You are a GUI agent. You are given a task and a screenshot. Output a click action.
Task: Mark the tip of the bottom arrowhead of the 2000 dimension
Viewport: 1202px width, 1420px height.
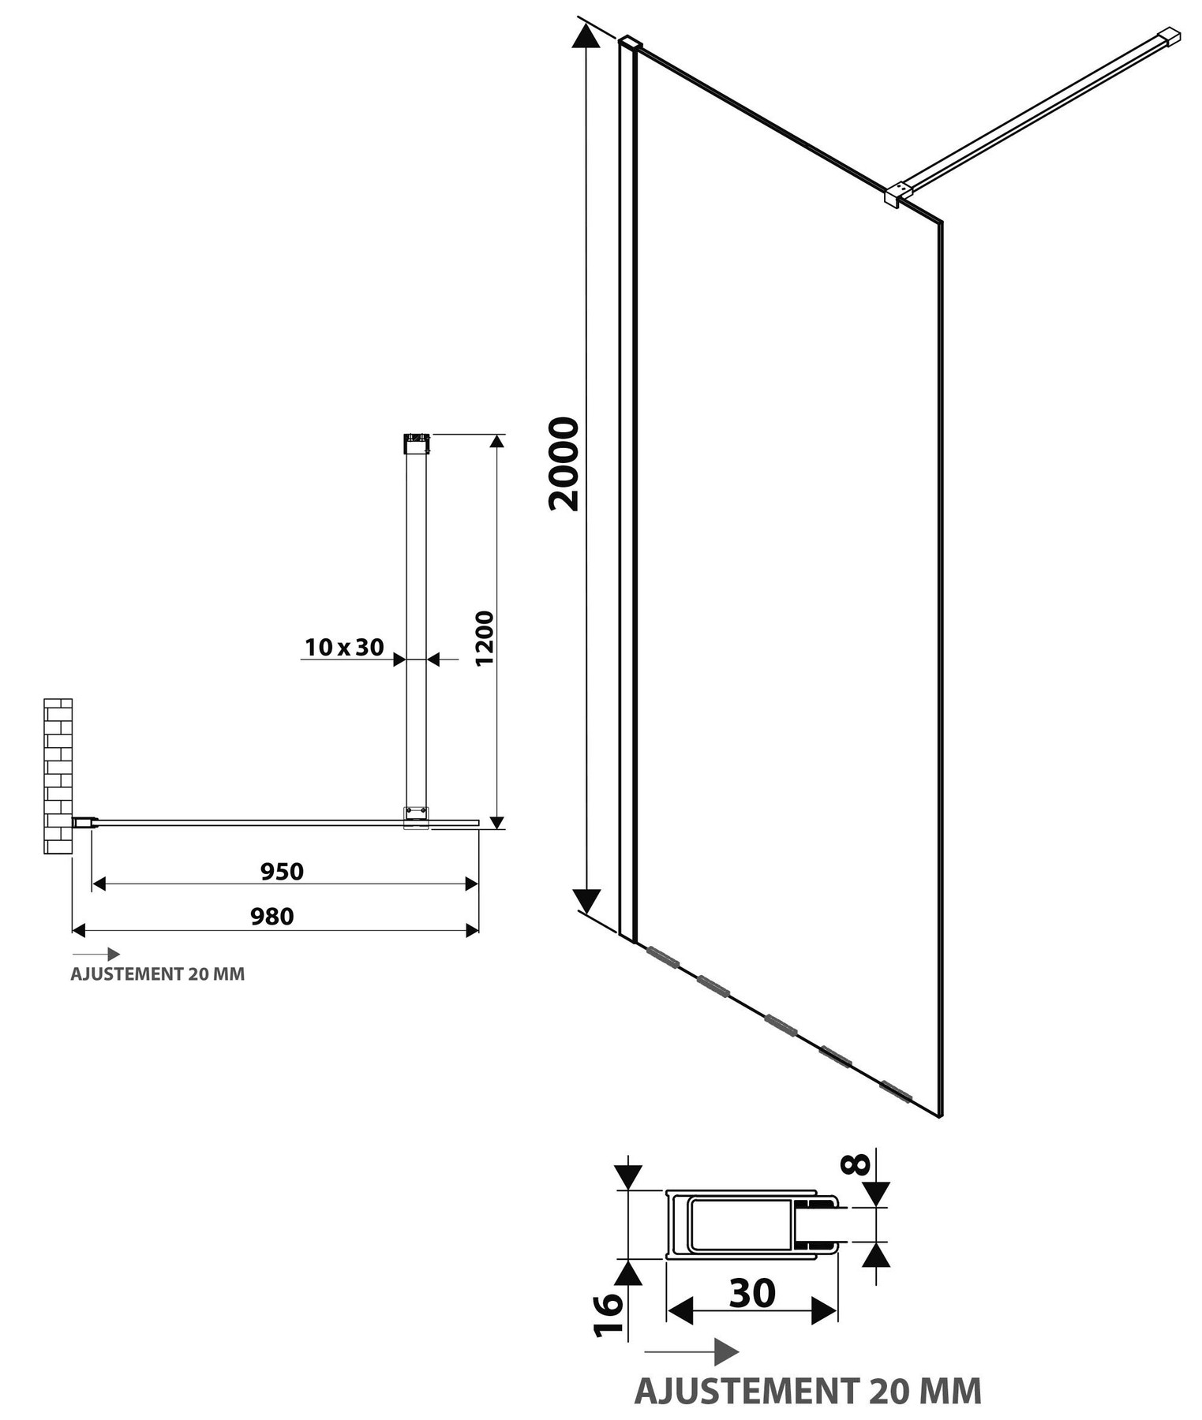586,913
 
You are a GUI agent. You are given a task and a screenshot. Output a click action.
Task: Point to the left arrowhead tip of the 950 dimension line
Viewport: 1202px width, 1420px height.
92,884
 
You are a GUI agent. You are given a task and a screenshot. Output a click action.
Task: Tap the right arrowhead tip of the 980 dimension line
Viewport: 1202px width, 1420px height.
478,930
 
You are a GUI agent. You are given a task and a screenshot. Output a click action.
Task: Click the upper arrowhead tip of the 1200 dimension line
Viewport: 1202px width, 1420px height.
496,434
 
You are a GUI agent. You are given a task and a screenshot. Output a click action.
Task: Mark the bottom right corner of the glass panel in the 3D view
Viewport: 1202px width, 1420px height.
942,1117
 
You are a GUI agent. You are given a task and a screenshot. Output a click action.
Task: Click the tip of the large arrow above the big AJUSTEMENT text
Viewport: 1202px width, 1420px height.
739,1352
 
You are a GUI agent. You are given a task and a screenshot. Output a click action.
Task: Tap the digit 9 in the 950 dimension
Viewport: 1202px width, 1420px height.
268,872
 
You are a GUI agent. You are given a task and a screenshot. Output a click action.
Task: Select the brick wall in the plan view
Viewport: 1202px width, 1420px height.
58,775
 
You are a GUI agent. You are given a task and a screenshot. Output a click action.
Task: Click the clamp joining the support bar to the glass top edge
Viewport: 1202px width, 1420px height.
897,194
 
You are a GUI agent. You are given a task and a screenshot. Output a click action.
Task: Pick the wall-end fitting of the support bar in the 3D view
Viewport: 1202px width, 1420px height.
1169,36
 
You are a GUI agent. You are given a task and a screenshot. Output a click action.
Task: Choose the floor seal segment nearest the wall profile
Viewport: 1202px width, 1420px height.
663,958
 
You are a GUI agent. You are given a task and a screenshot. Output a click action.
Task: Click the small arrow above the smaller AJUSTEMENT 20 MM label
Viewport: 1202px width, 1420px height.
95,955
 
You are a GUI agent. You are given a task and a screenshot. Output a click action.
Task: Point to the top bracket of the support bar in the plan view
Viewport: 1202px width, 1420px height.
417,444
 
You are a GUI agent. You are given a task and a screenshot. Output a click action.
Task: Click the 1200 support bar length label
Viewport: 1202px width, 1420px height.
485,638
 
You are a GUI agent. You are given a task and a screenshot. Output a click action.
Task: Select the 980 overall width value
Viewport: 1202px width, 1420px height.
272,917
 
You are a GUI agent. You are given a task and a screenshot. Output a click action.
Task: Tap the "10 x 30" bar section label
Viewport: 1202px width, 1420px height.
344,648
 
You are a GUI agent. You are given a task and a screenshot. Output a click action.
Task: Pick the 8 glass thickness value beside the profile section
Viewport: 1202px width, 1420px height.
856,1164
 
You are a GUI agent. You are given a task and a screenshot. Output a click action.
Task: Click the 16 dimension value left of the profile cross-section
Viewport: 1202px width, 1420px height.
608,1316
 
